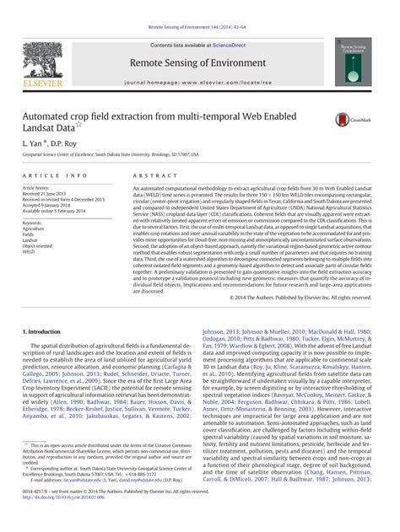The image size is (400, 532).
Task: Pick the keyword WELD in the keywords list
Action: [x=30, y=251]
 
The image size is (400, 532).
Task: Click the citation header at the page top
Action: [x=199, y=7]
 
